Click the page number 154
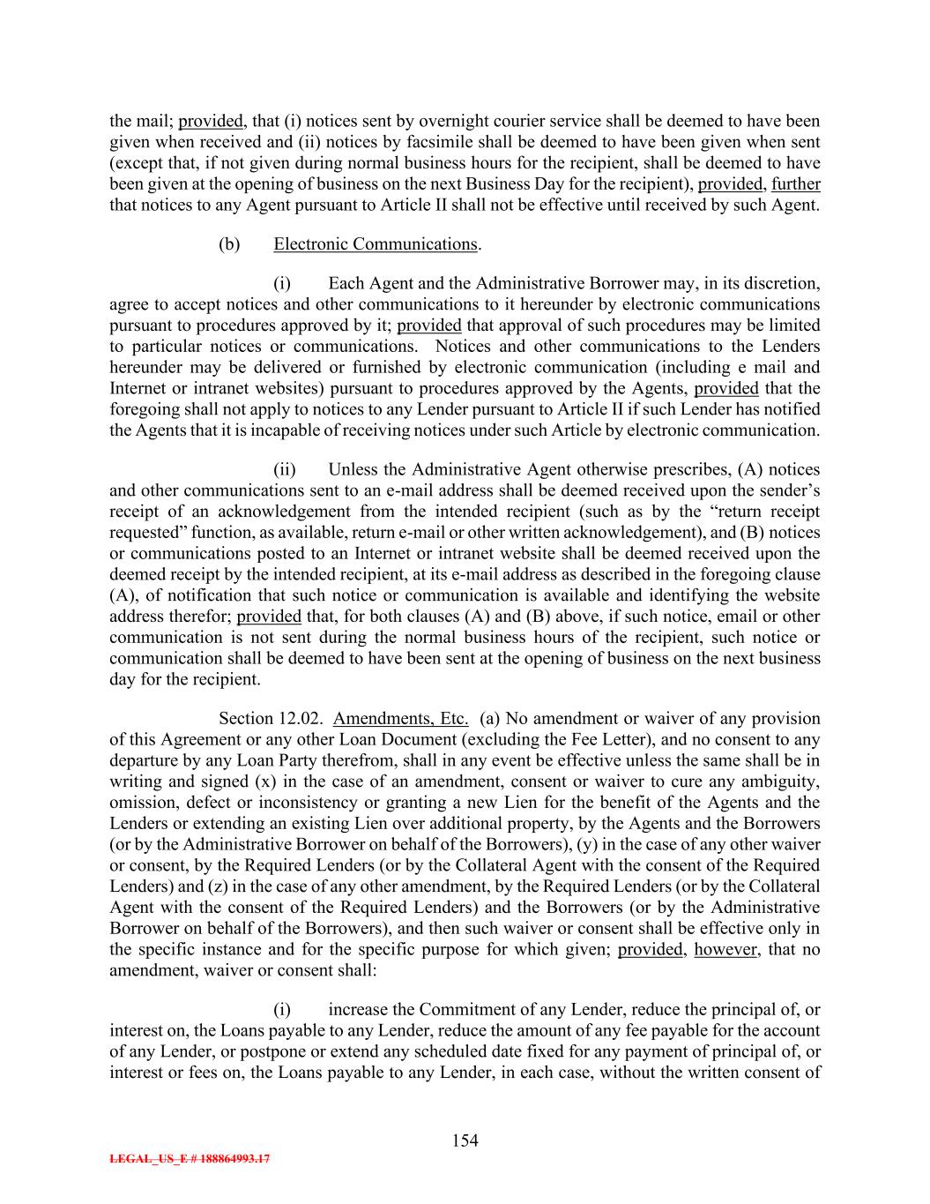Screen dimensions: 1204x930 (465, 1140)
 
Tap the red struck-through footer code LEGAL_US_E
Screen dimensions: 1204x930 (189, 1159)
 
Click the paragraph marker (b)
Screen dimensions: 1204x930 (229, 244)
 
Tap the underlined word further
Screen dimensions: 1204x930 (796, 184)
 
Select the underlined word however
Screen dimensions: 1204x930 (725, 950)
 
